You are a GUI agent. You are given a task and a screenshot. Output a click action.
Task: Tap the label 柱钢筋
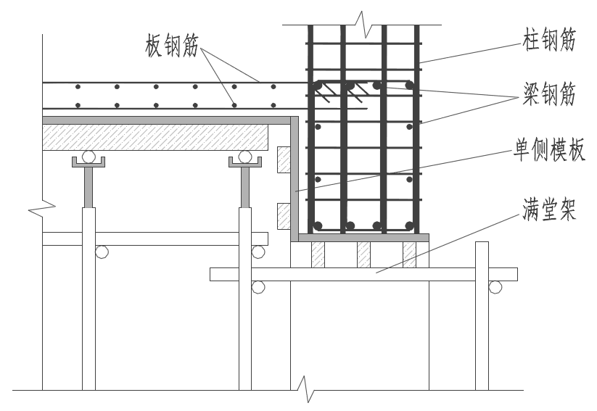pyautogui.click(x=549, y=41)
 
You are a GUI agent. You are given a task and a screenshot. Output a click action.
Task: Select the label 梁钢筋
pyautogui.click(x=549, y=94)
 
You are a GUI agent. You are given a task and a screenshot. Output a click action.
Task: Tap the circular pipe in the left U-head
pyautogui.click(x=88, y=156)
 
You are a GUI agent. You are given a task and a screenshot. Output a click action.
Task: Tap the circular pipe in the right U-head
pyautogui.click(x=246, y=156)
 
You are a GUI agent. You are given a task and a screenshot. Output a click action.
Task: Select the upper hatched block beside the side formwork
pyautogui.click(x=283, y=160)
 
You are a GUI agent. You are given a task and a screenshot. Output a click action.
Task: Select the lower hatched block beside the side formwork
pyautogui.click(x=283, y=215)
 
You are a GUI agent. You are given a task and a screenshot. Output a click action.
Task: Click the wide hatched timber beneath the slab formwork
pyautogui.click(x=155, y=136)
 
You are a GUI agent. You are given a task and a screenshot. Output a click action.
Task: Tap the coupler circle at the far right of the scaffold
pyautogui.click(x=495, y=287)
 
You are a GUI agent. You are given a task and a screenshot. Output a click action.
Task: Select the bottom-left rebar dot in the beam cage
pyautogui.click(x=318, y=225)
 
